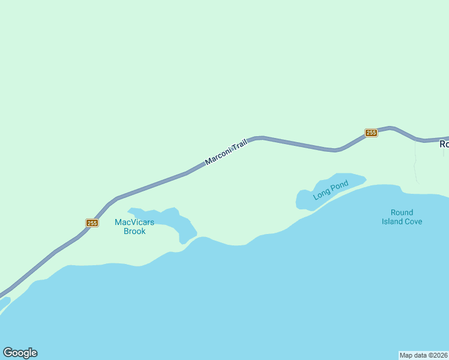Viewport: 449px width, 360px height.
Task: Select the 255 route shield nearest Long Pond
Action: click(371, 133)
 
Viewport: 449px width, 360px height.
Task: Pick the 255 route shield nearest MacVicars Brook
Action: click(92, 223)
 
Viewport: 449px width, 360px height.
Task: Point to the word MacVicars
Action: click(134, 223)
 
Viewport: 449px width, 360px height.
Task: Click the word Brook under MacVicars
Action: click(134, 231)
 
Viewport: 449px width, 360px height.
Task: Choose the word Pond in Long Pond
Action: click(339, 186)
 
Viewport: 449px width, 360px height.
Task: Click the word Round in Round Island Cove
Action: click(402, 212)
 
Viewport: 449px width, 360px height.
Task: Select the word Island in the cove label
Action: click(394, 221)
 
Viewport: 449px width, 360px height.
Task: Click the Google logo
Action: click(20, 353)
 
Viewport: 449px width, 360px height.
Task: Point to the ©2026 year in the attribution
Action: click(438, 355)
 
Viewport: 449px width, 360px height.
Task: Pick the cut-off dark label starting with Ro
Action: click(444, 144)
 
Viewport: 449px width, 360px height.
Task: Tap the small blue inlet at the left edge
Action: click(4, 304)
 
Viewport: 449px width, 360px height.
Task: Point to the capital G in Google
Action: click(7, 353)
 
